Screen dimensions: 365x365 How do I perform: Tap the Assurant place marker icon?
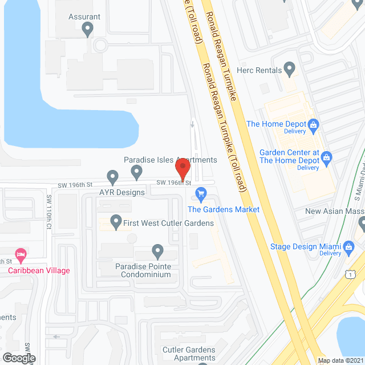tap(87, 29)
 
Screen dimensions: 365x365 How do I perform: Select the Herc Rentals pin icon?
tap(290, 70)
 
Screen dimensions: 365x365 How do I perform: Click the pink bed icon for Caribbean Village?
tap(21, 253)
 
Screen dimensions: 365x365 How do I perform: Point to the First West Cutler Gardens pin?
tap(116, 220)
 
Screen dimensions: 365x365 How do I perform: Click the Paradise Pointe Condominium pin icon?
tap(158, 250)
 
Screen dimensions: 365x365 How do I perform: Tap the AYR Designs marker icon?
tap(113, 177)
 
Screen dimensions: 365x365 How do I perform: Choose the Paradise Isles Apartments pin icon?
tap(136, 171)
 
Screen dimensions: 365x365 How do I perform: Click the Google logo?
tap(18, 358)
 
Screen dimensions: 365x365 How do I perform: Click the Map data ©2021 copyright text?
tap(340, 360)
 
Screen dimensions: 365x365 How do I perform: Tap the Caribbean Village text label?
tap(39, 270)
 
